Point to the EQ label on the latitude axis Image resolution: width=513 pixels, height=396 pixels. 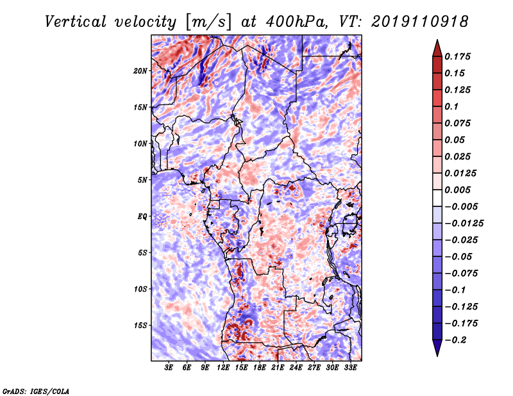click(142, 216)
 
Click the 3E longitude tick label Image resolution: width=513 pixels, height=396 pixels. click(169, 368)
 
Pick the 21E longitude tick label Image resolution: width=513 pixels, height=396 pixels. click(278, 368)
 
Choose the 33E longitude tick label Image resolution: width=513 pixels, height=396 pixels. click(351, 368)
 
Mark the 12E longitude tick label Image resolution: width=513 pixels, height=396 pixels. click(224, 368)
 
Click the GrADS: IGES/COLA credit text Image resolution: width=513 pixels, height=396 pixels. click(36, 390)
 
